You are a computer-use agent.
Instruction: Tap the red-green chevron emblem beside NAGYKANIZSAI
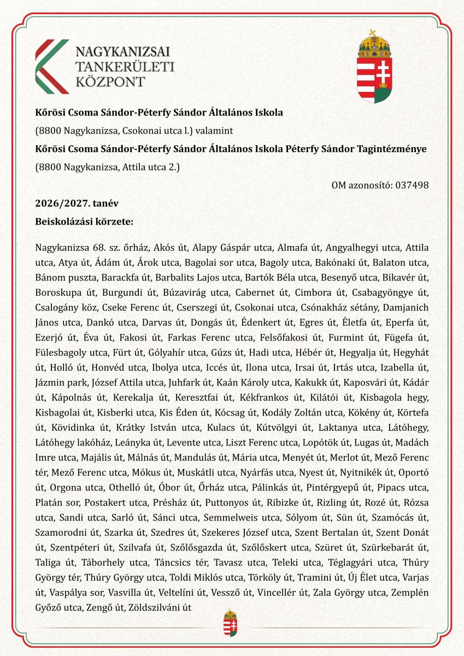pyautogui.click(x=52, y=66)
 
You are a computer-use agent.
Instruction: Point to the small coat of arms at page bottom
pyautogui.click(x=231, y=623)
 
